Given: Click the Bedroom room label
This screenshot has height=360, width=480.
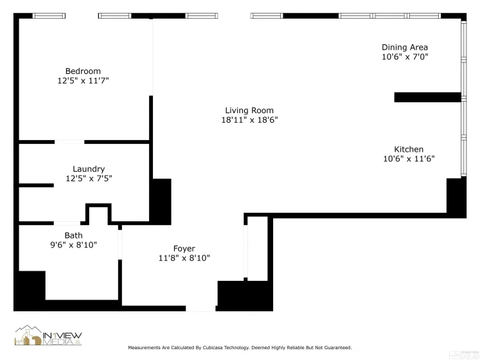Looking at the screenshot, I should click(x=83, y=71).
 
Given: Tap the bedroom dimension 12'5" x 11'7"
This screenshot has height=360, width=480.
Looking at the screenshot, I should click(x=83, y=81).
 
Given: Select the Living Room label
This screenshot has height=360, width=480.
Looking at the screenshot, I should click(x=249, y=110).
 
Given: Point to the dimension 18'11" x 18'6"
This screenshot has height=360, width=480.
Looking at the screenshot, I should click(x=249, y=120).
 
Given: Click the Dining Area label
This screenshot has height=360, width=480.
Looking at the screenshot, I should click(x=405, y=47).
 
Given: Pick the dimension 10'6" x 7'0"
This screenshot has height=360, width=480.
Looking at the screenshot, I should click(x=405, y=57).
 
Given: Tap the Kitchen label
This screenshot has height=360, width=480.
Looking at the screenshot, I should click(x=409, y=149).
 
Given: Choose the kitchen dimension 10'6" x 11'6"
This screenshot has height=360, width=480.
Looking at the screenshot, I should click(x=409, y=159).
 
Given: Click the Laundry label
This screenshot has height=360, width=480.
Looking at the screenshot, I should click(x=89, y=169).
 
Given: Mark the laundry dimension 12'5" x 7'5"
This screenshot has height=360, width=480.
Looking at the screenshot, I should click(x=89, y=179).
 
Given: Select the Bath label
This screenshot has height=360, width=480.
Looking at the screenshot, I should click(x=73, y=235).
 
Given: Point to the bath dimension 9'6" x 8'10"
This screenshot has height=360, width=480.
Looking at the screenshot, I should click(x=73, y=245).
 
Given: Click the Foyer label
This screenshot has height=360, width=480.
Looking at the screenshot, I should click(x=184, y=249).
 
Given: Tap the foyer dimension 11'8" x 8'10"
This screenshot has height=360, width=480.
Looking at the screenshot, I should click(x=184, y=258).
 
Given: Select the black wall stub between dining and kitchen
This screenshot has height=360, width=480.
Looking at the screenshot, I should click(x=427, y=97).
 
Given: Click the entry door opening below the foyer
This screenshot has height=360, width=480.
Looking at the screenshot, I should click(x=201, y=308).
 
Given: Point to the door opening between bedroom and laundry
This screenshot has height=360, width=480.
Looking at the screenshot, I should click(x=69, y=141).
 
